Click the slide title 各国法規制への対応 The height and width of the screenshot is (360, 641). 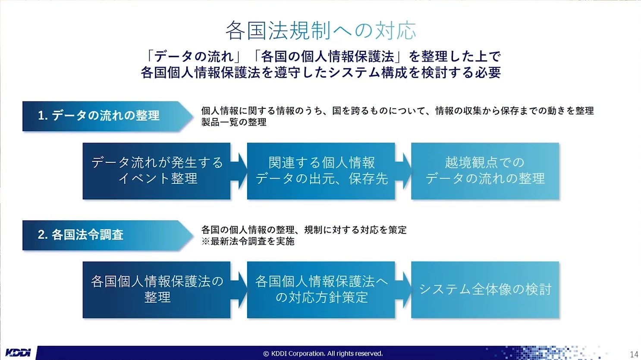[x=320, y=30]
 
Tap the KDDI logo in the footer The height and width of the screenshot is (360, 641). [x=18, y=353]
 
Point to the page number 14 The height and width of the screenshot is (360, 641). [x=634, y=354]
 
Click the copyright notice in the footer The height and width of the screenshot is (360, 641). [x=323, y=354]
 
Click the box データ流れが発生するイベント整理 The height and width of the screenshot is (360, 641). [x=157, y=171]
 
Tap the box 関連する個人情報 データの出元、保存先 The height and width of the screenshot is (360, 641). [x=321, y=171]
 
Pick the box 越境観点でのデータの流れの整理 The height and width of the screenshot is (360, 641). [x=485, y=171]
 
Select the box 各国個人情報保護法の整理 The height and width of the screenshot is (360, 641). [x=157, y=290]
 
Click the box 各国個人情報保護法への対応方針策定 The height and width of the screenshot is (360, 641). [x=321, y=290]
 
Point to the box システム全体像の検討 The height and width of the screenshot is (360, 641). [x=485, y=290]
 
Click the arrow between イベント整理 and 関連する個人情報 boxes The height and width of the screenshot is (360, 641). [x=239, y=171]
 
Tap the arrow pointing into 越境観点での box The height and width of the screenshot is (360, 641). [x=403, y=171]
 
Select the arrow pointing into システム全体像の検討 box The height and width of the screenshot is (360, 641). [x=403, y=290]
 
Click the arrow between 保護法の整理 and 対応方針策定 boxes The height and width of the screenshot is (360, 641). [x=239, y=290]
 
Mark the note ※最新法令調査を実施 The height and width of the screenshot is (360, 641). [x=248, y=241]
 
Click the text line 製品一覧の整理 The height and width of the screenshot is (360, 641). [x=234, y=122]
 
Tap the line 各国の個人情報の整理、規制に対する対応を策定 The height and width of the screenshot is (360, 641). [x=304, y=230]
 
